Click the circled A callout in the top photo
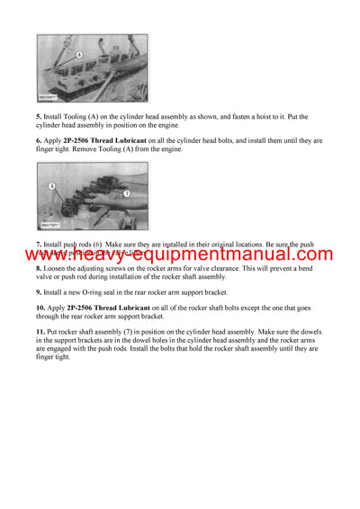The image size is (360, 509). pyautogui.click(x=78, y=55)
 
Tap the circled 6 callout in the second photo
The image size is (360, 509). pyautogui.click(x=52, y=185)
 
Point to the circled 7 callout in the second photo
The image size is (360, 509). pyautogui.click(x=126, y=193)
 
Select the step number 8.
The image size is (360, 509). pyautogui.click(x=39, y=268)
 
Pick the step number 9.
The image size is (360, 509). pyautogui.click(x=39, y=292)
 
